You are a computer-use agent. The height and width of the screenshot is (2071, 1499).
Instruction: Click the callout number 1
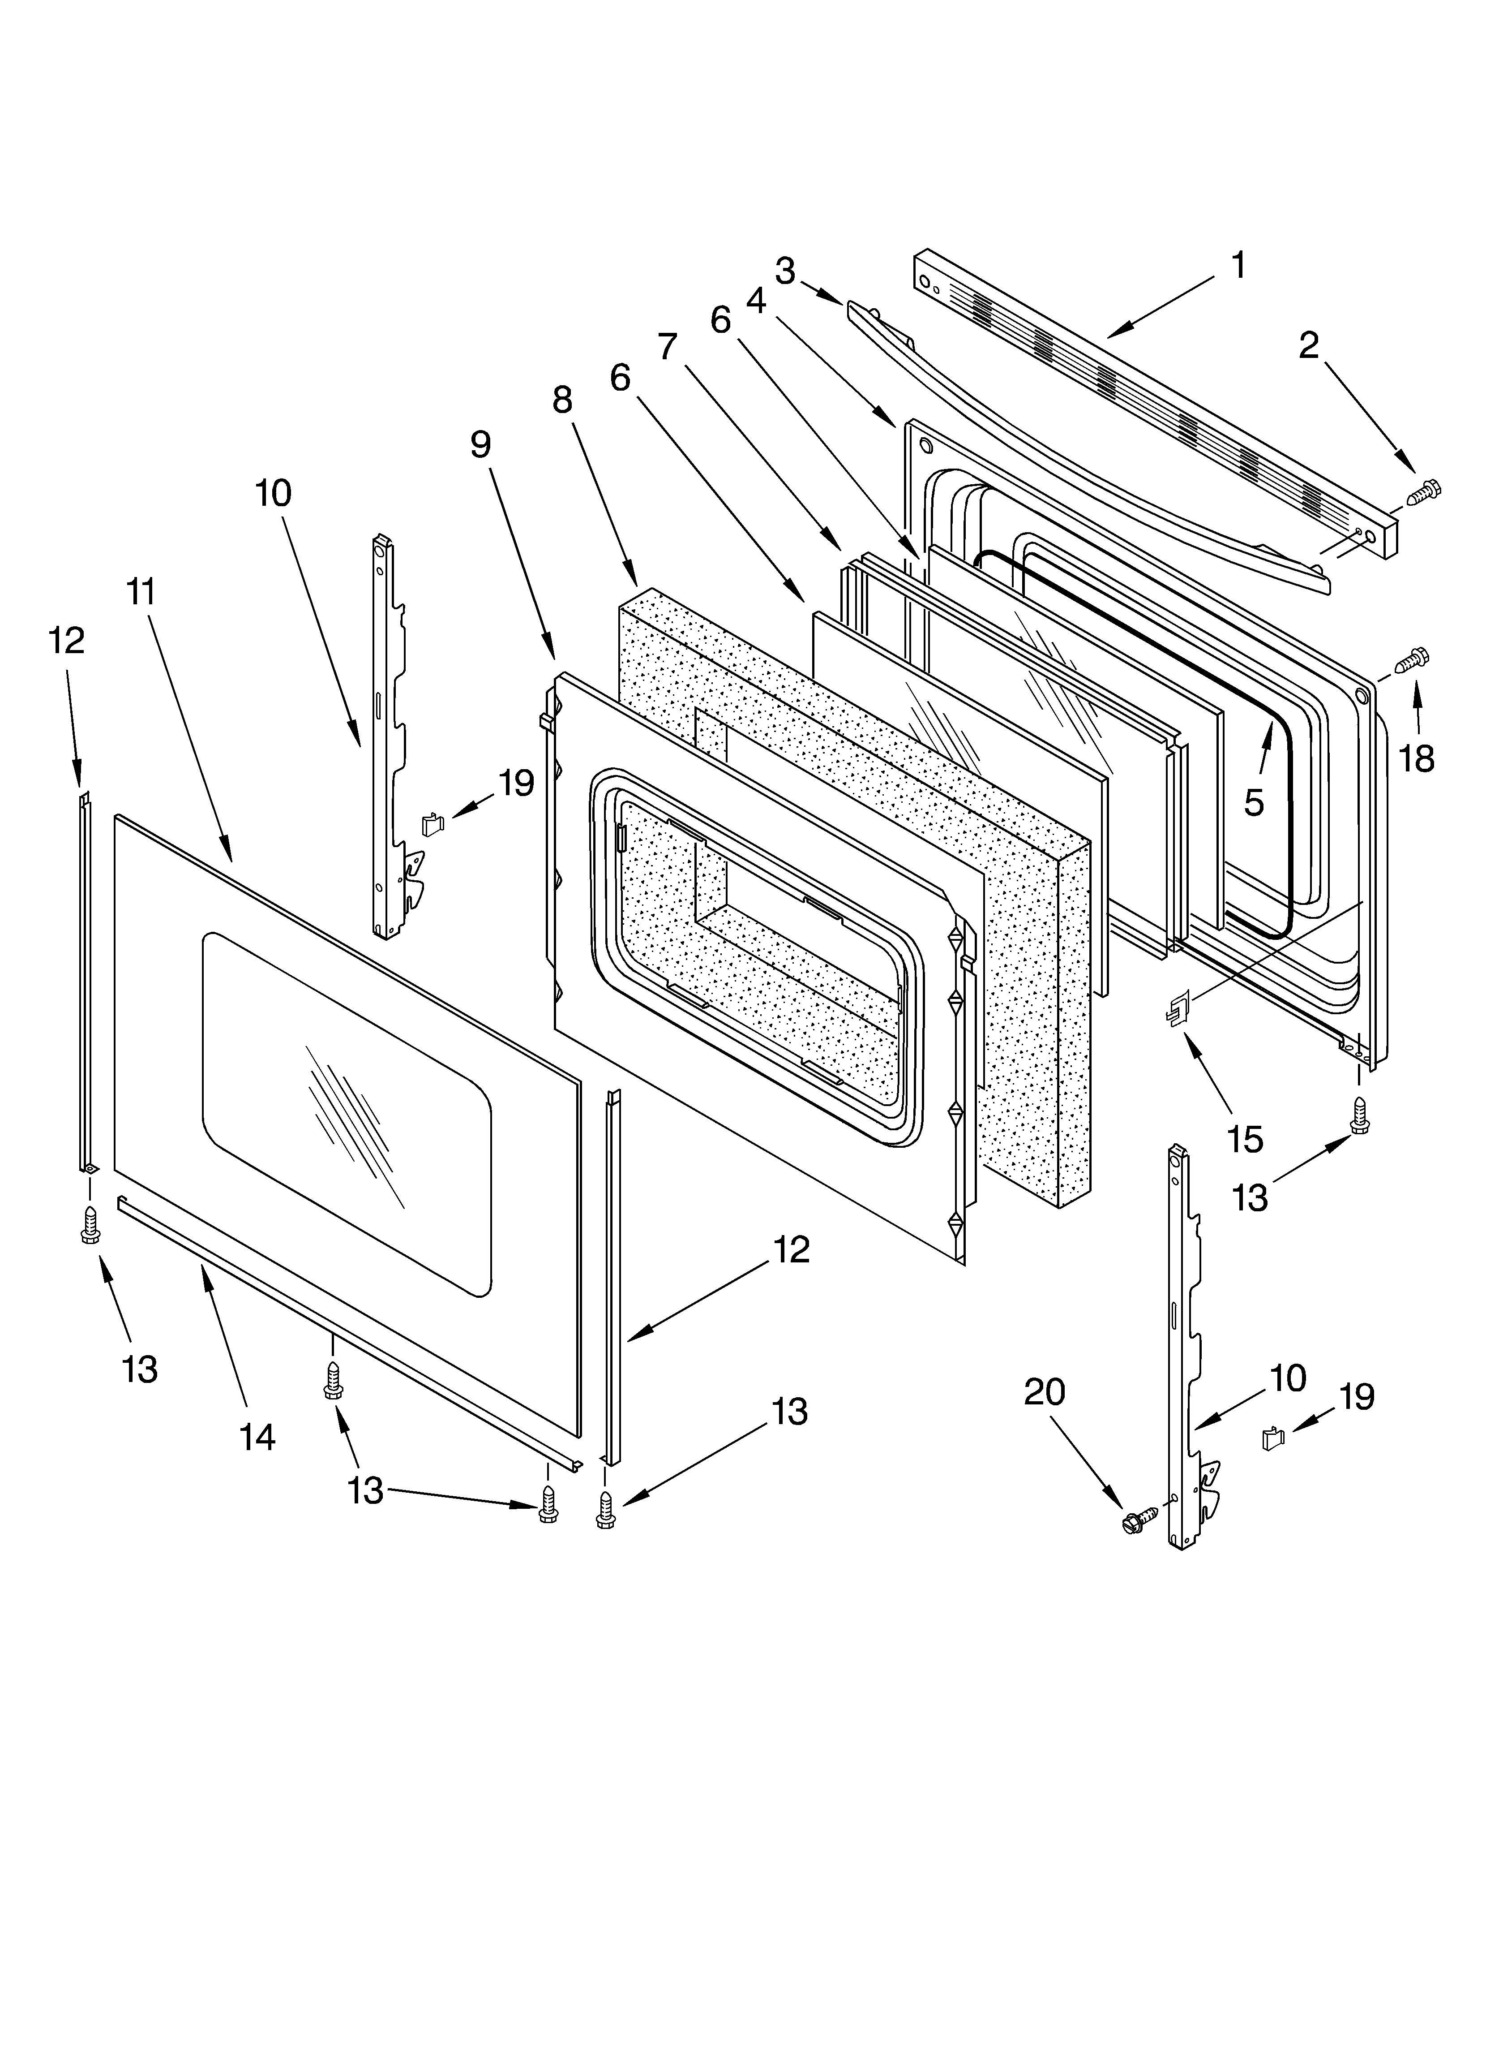pyautogui.click(x=1238, y=266)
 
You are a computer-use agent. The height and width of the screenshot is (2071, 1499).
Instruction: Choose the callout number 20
pyautogui.click(x=1045, y=1391)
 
